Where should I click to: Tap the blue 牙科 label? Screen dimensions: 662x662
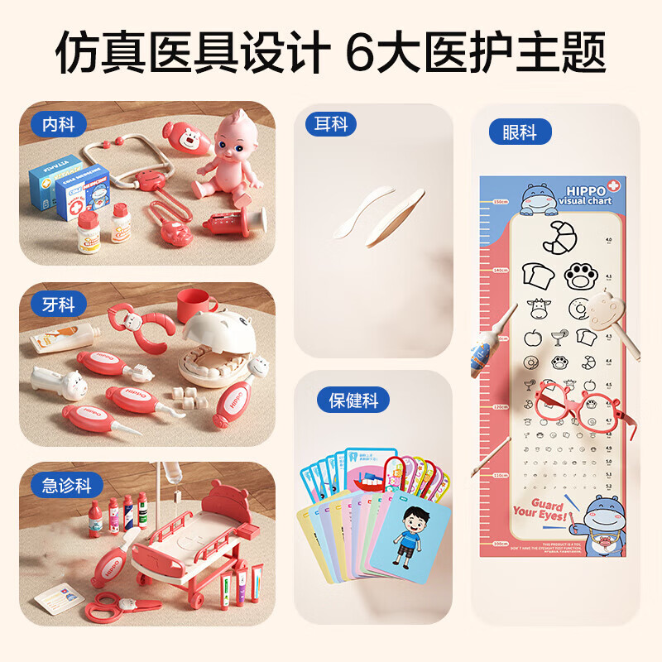(x=59, y=305)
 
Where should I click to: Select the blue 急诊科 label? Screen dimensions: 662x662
(x=67, y=485)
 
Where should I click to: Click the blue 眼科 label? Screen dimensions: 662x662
(x=519, y=132)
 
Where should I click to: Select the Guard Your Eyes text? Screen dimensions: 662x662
(x=539, y=511)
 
